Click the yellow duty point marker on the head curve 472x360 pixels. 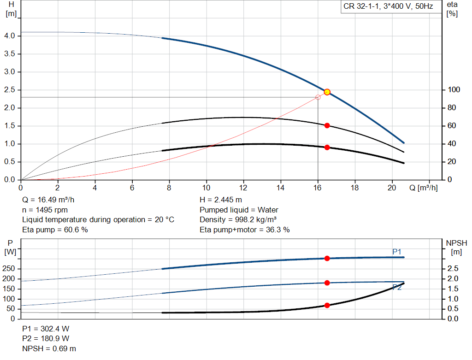[x=327, y=92]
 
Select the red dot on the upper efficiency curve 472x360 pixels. [x=327, y=125]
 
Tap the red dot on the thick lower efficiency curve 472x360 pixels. [x=327, y=148]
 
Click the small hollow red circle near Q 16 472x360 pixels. [x=318, y=97]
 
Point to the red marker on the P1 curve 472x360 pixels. [x=327, y=259]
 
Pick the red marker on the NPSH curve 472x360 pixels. [x=327, y=305]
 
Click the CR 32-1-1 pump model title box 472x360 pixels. [x=388, y=7]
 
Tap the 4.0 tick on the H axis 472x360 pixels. [x=10, y=36]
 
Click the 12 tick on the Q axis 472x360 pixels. [x=243, y=188]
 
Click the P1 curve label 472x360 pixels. [x=397, y=252]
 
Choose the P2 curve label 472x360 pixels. [x=397, y=287]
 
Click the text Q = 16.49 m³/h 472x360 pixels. [x=48, y=200]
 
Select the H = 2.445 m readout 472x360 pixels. [x=221, y=200]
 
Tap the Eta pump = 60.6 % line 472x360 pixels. [x=55, y=230]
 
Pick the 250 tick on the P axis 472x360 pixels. [x=10, y=269]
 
